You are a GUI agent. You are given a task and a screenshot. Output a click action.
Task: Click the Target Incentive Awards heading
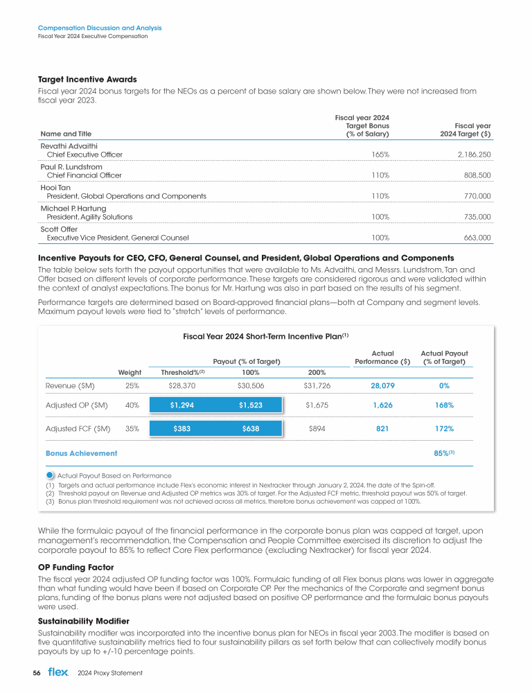87,79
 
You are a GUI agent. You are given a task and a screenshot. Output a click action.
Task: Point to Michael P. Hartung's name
73,209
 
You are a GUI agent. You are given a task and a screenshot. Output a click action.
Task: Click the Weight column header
130,372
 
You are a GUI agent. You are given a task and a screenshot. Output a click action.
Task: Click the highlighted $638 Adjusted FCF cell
251,429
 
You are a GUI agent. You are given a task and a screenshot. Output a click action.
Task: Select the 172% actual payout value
445,429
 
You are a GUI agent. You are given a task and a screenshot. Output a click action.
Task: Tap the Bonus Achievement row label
81,453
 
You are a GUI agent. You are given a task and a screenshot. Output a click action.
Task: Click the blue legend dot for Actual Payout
51,475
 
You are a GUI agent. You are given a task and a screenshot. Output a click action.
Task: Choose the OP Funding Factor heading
77,566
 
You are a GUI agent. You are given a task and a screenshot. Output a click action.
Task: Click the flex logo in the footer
57,673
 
